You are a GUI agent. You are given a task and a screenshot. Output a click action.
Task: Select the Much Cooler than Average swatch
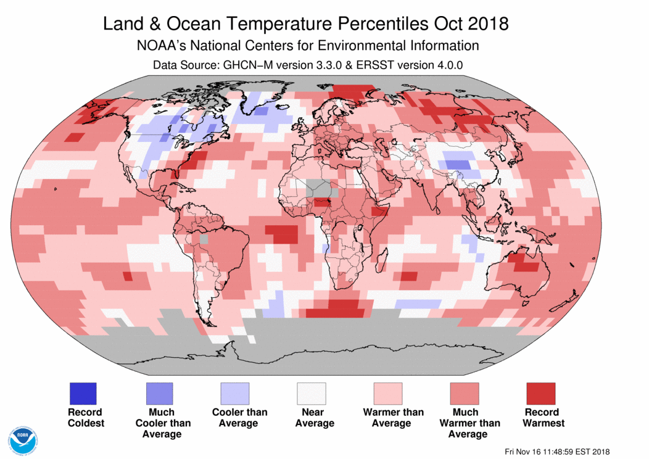click(159, 393)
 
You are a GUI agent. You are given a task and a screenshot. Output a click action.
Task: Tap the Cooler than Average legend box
click(235, 393)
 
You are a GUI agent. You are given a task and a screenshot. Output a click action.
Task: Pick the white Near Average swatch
click(312, 393)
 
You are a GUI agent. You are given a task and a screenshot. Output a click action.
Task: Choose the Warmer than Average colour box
click(388, 393)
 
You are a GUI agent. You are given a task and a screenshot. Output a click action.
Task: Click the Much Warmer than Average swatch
click(465, 393)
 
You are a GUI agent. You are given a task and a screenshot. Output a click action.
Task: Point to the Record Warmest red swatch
click(540, 393)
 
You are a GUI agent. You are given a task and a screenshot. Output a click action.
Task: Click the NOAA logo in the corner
click(23, 439)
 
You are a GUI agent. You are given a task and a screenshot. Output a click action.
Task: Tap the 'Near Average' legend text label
click(314, 417)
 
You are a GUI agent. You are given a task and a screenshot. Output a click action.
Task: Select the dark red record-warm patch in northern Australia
click(525, 263)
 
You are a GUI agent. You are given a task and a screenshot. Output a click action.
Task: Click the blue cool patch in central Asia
click(457, 164)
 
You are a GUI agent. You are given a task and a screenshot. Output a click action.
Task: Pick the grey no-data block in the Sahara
click(316, 186)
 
